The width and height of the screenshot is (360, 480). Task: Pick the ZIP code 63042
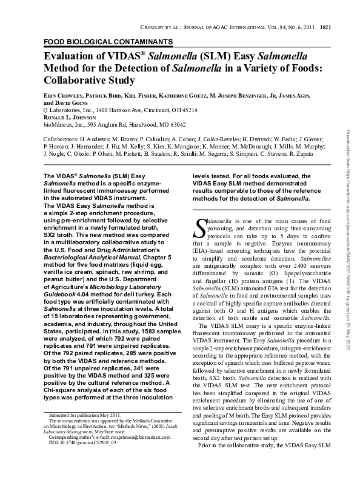175,125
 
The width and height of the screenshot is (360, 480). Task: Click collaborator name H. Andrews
96,139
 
